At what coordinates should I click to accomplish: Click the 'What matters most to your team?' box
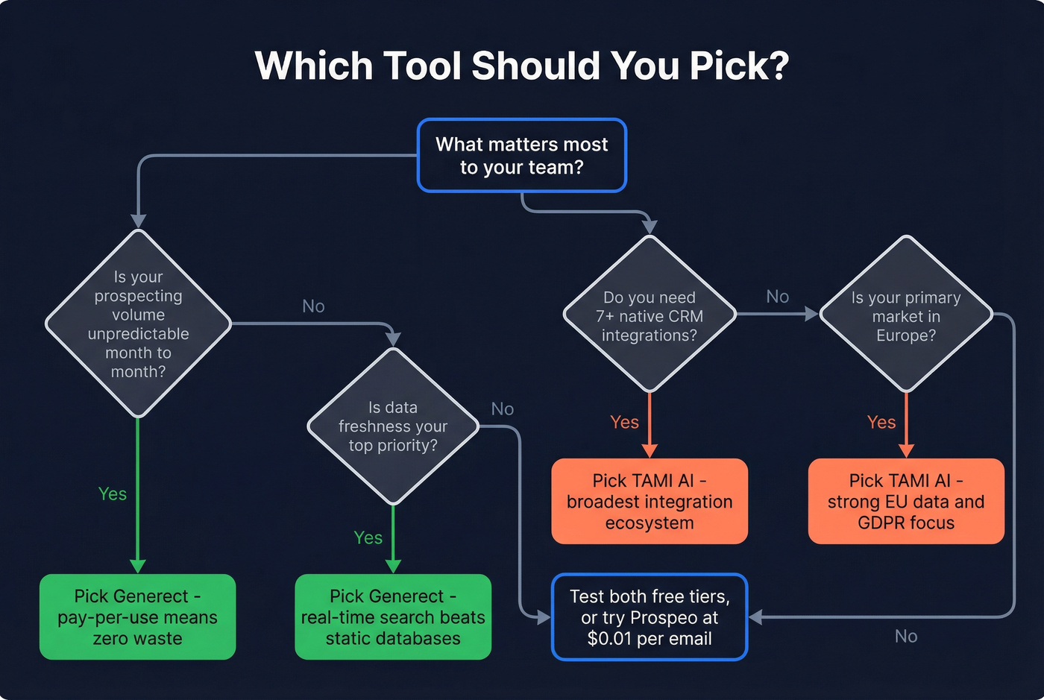coord(522,155)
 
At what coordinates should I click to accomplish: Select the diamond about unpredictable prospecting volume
coord(138,324)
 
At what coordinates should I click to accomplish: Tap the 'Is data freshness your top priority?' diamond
coord(393,426)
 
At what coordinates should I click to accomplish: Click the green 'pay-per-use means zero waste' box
coord(137,617)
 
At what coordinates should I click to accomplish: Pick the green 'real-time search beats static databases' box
coord(393,617)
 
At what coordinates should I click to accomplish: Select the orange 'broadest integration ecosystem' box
coord(650,501)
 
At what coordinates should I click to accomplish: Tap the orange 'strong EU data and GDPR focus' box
coord(906,501)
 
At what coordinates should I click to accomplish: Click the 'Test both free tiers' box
coord(650,617)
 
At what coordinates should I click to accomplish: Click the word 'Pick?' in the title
coord(739,66)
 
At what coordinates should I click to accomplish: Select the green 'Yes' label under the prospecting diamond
coord(113,494)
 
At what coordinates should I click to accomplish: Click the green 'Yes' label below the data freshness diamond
coord(368,537)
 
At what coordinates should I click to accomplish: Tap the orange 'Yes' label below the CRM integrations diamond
coord(625,422)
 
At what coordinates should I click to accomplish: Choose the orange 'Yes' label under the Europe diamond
coord(881,422)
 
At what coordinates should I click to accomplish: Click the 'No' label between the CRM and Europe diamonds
coord(778,297)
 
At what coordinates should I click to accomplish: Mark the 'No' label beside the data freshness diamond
coord(503,409)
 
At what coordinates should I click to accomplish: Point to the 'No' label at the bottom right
coord(906,636)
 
